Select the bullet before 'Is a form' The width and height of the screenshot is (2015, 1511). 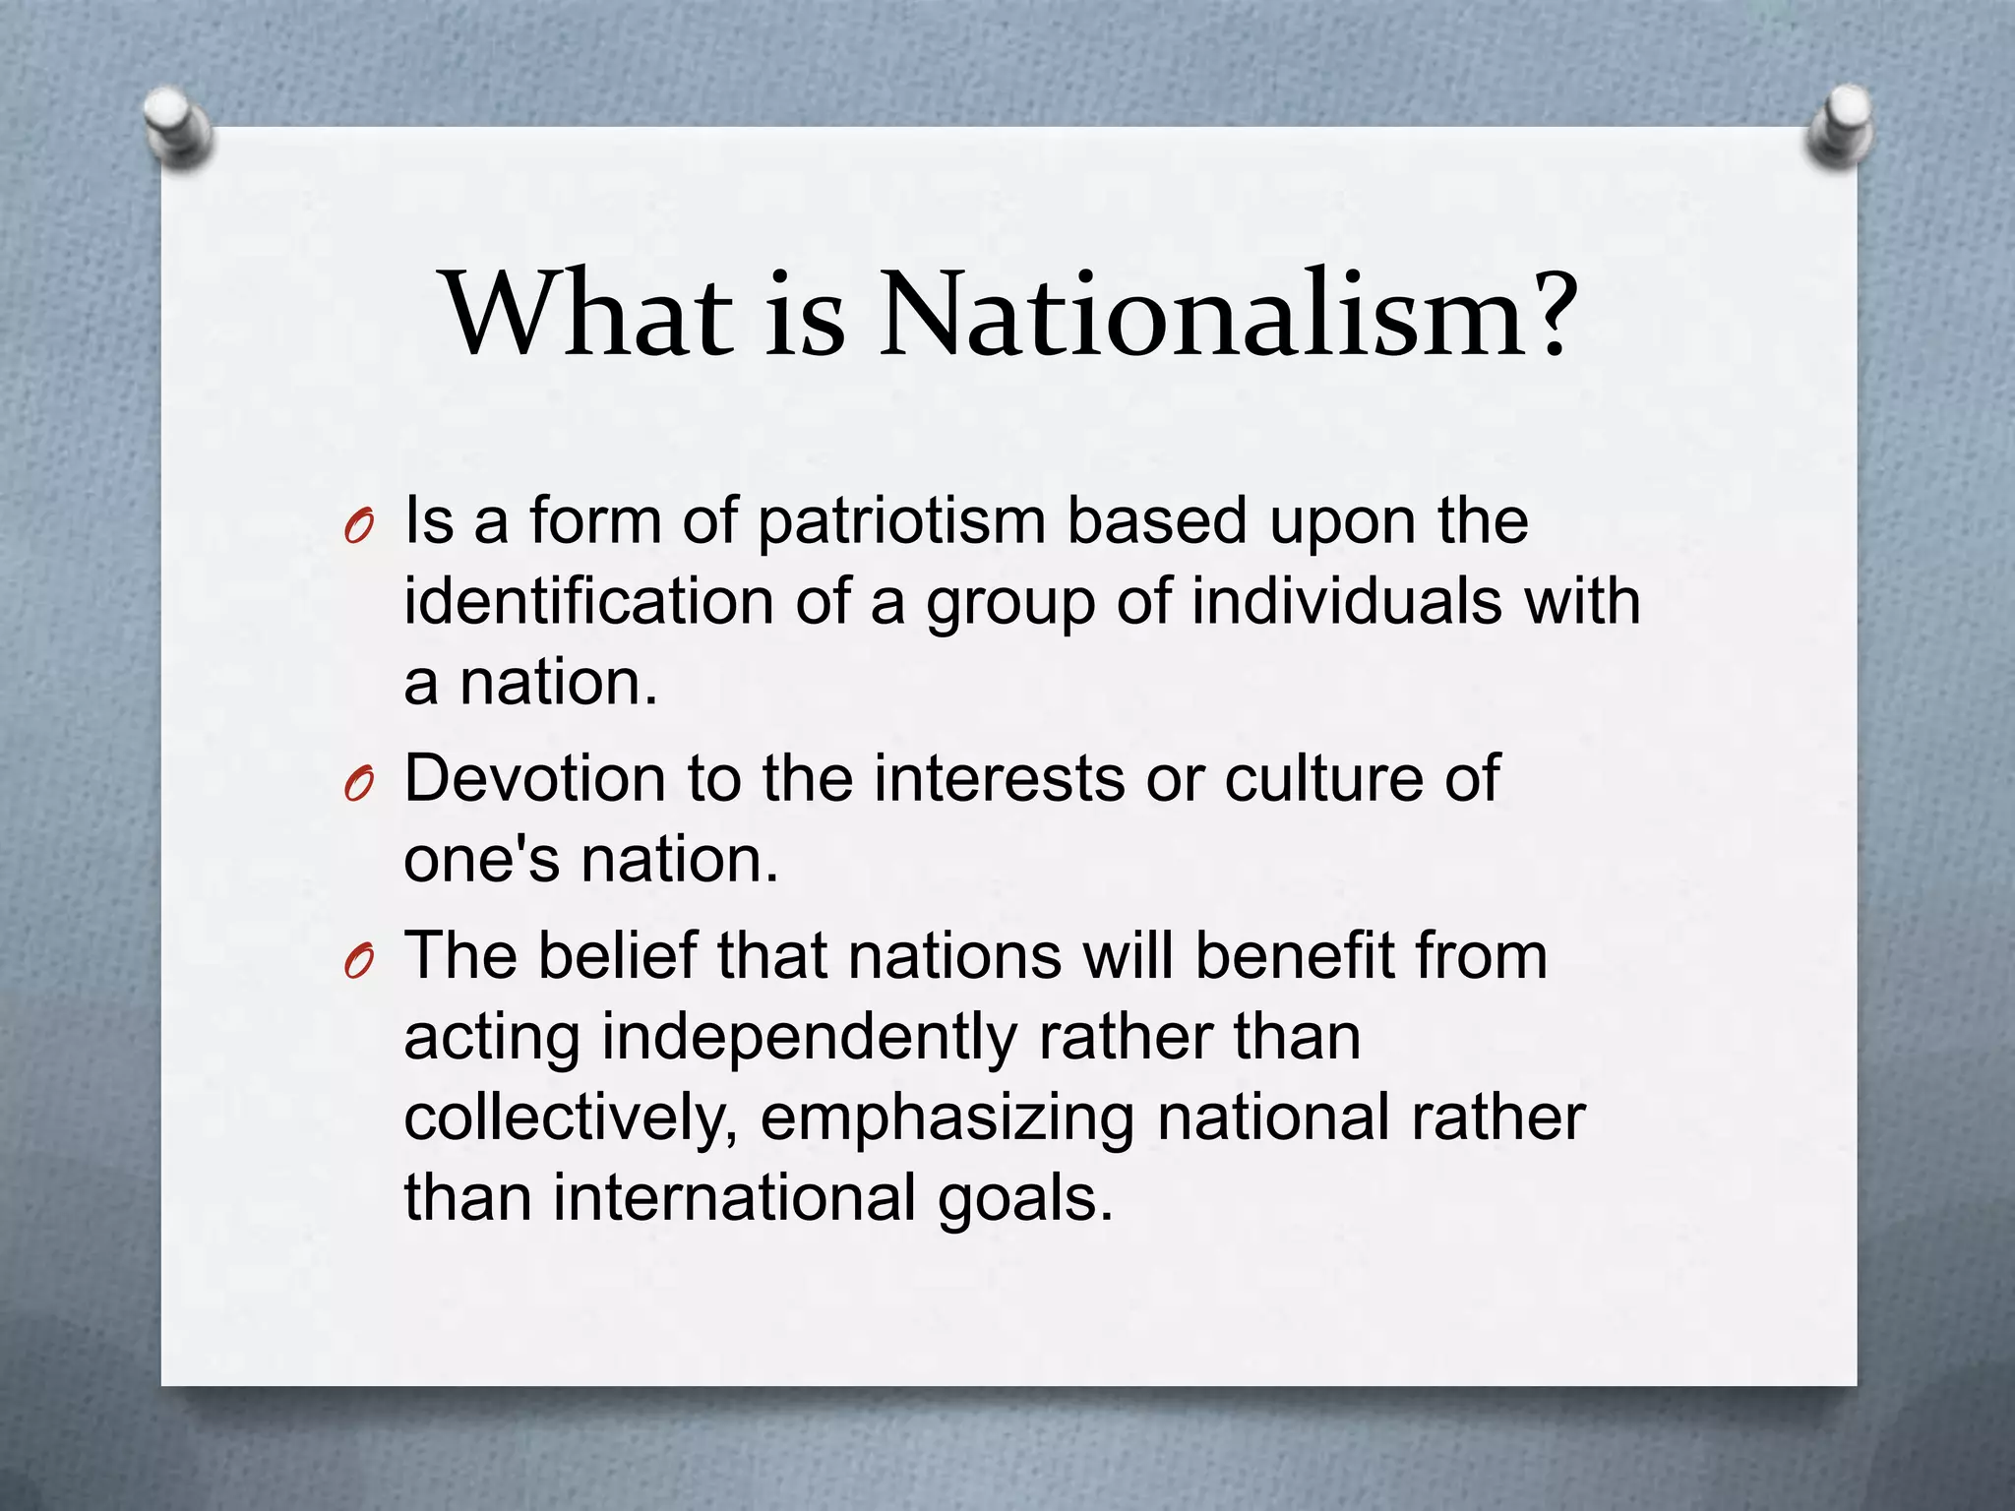358,529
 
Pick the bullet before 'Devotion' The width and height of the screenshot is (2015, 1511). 358,786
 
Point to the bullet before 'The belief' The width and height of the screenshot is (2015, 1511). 358,964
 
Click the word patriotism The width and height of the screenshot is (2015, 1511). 901,521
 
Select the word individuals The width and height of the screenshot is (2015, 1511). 1347,602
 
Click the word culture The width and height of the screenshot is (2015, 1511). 1323,779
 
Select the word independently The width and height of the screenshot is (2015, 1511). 809,1039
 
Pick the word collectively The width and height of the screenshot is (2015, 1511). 572,1119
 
